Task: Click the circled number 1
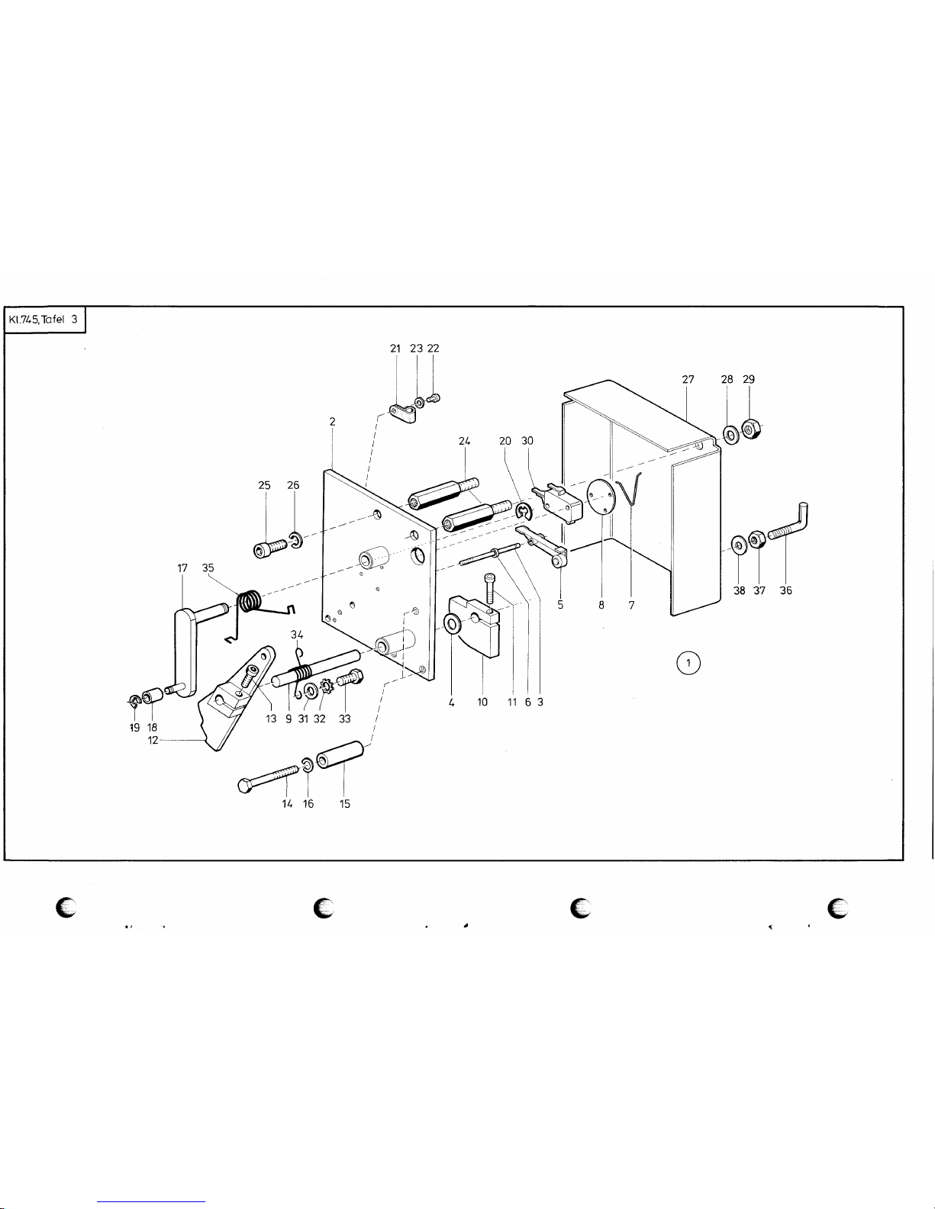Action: pos(688,663)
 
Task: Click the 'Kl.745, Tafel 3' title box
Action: pos(44,320)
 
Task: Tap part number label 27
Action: pos(688,379)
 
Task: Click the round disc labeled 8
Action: pos(601,497)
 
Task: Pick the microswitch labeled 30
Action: pos(558,503)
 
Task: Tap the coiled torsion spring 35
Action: pos(259,609)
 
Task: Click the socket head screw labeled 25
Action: pos(270,548)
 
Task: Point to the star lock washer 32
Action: pos(326,683)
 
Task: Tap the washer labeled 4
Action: pos(453,624)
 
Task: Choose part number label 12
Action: pos(153,741)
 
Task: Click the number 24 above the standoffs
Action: pos(464,441)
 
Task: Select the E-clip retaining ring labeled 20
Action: pos(524,512)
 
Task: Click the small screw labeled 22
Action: pos(434,398)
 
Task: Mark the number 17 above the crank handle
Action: pos(182,568)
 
